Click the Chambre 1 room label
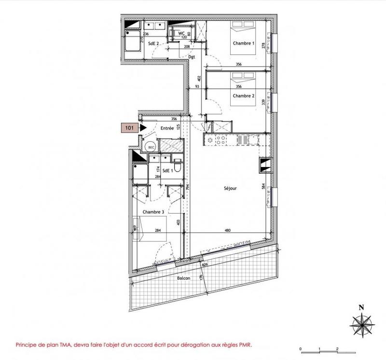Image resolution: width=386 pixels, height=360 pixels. coord(243,43)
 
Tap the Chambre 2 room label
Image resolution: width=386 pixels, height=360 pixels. coord(243,96)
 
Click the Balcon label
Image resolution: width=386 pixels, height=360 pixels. coord(183,278)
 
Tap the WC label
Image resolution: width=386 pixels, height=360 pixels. coord(182,33)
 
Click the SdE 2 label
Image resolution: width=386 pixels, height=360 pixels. coord(153,43)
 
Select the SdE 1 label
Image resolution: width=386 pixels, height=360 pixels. coord(167,169)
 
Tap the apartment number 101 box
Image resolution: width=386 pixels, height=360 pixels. coord(129,128)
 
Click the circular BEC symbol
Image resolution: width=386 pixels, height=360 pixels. coord(151,147)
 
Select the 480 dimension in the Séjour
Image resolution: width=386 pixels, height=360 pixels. coord(226,232)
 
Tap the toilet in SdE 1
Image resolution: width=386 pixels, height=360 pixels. coord(177,167)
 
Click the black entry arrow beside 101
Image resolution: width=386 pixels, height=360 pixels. coord(143,128)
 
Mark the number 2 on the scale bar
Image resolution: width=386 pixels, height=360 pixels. coord(337,348)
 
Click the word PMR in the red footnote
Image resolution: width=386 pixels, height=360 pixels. coord(244,345)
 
